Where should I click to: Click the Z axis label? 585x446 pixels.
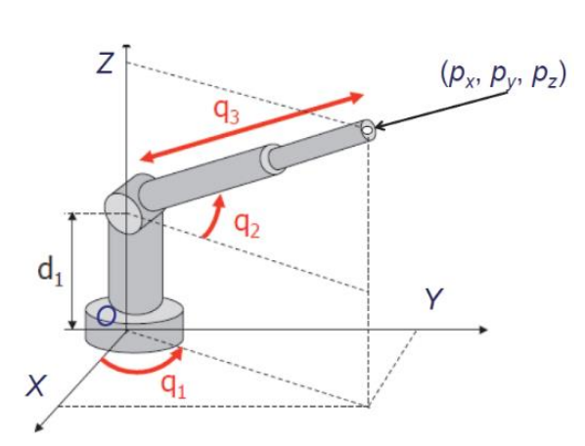coord(107,66)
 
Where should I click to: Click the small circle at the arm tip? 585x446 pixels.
coord(367,130)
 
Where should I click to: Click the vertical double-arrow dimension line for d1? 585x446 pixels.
coord(72,271)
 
